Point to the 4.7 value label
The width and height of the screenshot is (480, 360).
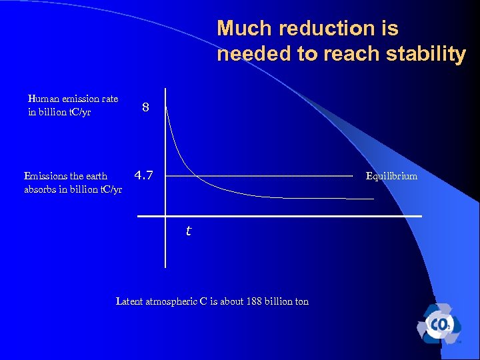point(143,176)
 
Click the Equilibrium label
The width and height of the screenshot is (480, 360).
point(391,176)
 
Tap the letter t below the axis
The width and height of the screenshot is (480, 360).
point(188,231)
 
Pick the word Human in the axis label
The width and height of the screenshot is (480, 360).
point(42,99)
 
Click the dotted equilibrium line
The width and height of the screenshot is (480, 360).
point(260,176)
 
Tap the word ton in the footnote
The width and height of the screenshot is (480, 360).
point(302,301)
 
